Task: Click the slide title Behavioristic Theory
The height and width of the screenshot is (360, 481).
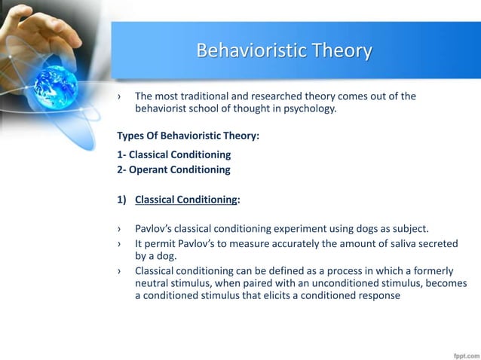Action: point(283,50)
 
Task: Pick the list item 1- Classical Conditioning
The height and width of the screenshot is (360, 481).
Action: point(174,155)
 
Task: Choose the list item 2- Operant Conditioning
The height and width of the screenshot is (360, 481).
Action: point(174,169)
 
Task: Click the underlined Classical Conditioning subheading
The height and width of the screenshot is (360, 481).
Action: point(185,200)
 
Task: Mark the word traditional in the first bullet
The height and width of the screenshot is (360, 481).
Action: point(206,96)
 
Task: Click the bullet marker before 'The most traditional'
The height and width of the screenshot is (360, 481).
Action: point(119,96)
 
